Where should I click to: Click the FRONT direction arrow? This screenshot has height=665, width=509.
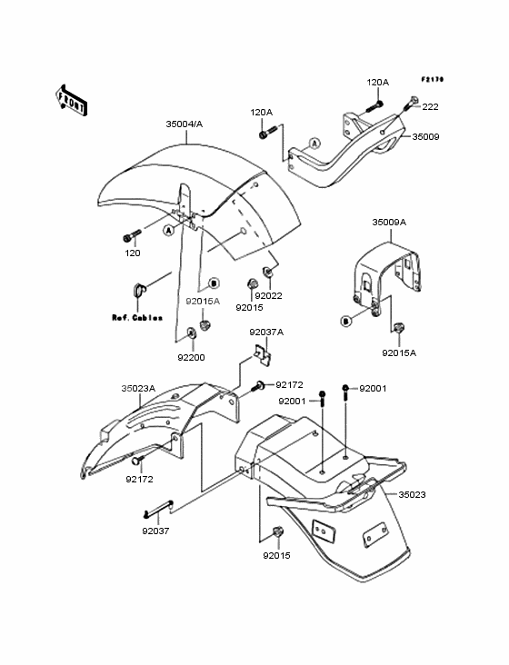pos(71,100)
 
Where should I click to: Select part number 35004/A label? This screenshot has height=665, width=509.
pos(185,124)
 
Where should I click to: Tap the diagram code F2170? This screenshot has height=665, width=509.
pos(433,79)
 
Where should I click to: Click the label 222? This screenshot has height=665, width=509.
pos(430,107)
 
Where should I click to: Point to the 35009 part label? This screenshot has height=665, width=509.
pos(426,137)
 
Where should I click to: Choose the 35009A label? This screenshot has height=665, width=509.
pos(389,223)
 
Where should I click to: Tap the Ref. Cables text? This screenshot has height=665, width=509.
pos(137,318)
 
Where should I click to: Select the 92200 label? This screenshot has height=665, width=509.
pos(191,358)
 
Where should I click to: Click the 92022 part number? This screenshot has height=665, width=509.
pos(268,296)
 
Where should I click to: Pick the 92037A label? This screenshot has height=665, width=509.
pos(266,332)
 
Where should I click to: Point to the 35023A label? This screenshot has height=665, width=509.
pos(138,389)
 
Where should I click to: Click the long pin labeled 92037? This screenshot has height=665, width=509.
pos(158,508)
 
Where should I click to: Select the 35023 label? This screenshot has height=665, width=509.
pos(412,494)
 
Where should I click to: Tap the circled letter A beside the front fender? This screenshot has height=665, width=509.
pos(169,230)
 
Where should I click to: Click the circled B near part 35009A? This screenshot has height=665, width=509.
pos(346,321)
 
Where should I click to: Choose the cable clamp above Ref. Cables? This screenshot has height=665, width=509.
pos(137,289)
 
